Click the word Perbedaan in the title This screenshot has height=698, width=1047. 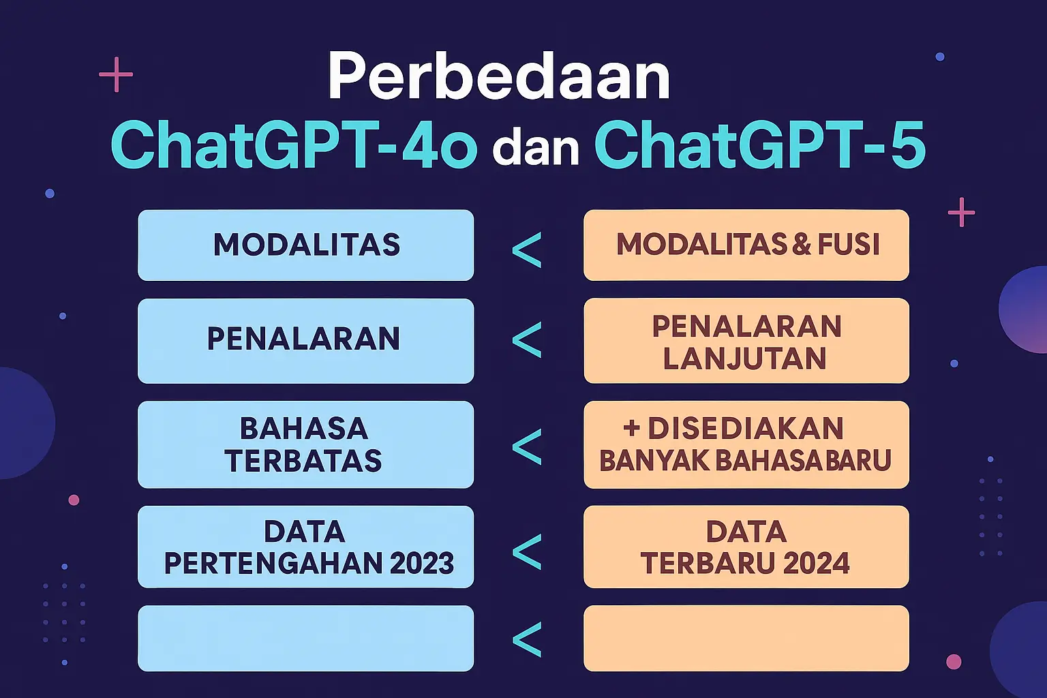pyautogui.click(x=499, y=76)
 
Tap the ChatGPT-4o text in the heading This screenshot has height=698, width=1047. pyautogui.click(x=294, y=145)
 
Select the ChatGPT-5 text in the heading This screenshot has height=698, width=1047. pyautogui.click(x=759, y=145)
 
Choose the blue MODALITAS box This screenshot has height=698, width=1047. pyautogui.click(x=305, y=245)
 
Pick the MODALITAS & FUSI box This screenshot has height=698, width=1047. pyautogui.click(x=746, y=245)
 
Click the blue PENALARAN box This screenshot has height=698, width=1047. pyautogui.click(x=305, y=341)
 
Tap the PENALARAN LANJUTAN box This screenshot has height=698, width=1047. pyautogui.click(x=746, y=341)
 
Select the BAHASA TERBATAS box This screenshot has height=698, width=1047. pyautogui.click(x=305, y=444)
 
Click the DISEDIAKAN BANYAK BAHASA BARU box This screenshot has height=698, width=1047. pyautogui.click(x=746, y=444)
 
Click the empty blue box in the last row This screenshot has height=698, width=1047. pyautogui.click(x=305, y=638)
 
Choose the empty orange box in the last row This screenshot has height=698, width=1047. pyautogui.click(x=746, y=638)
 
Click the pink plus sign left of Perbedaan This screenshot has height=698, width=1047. pyautogui.click(x=116, y=74)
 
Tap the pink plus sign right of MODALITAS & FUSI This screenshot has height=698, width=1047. pyautogui.click(x=962, y=212)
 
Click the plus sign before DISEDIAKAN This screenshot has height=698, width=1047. pyautogui.click(x=631, y=429)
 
